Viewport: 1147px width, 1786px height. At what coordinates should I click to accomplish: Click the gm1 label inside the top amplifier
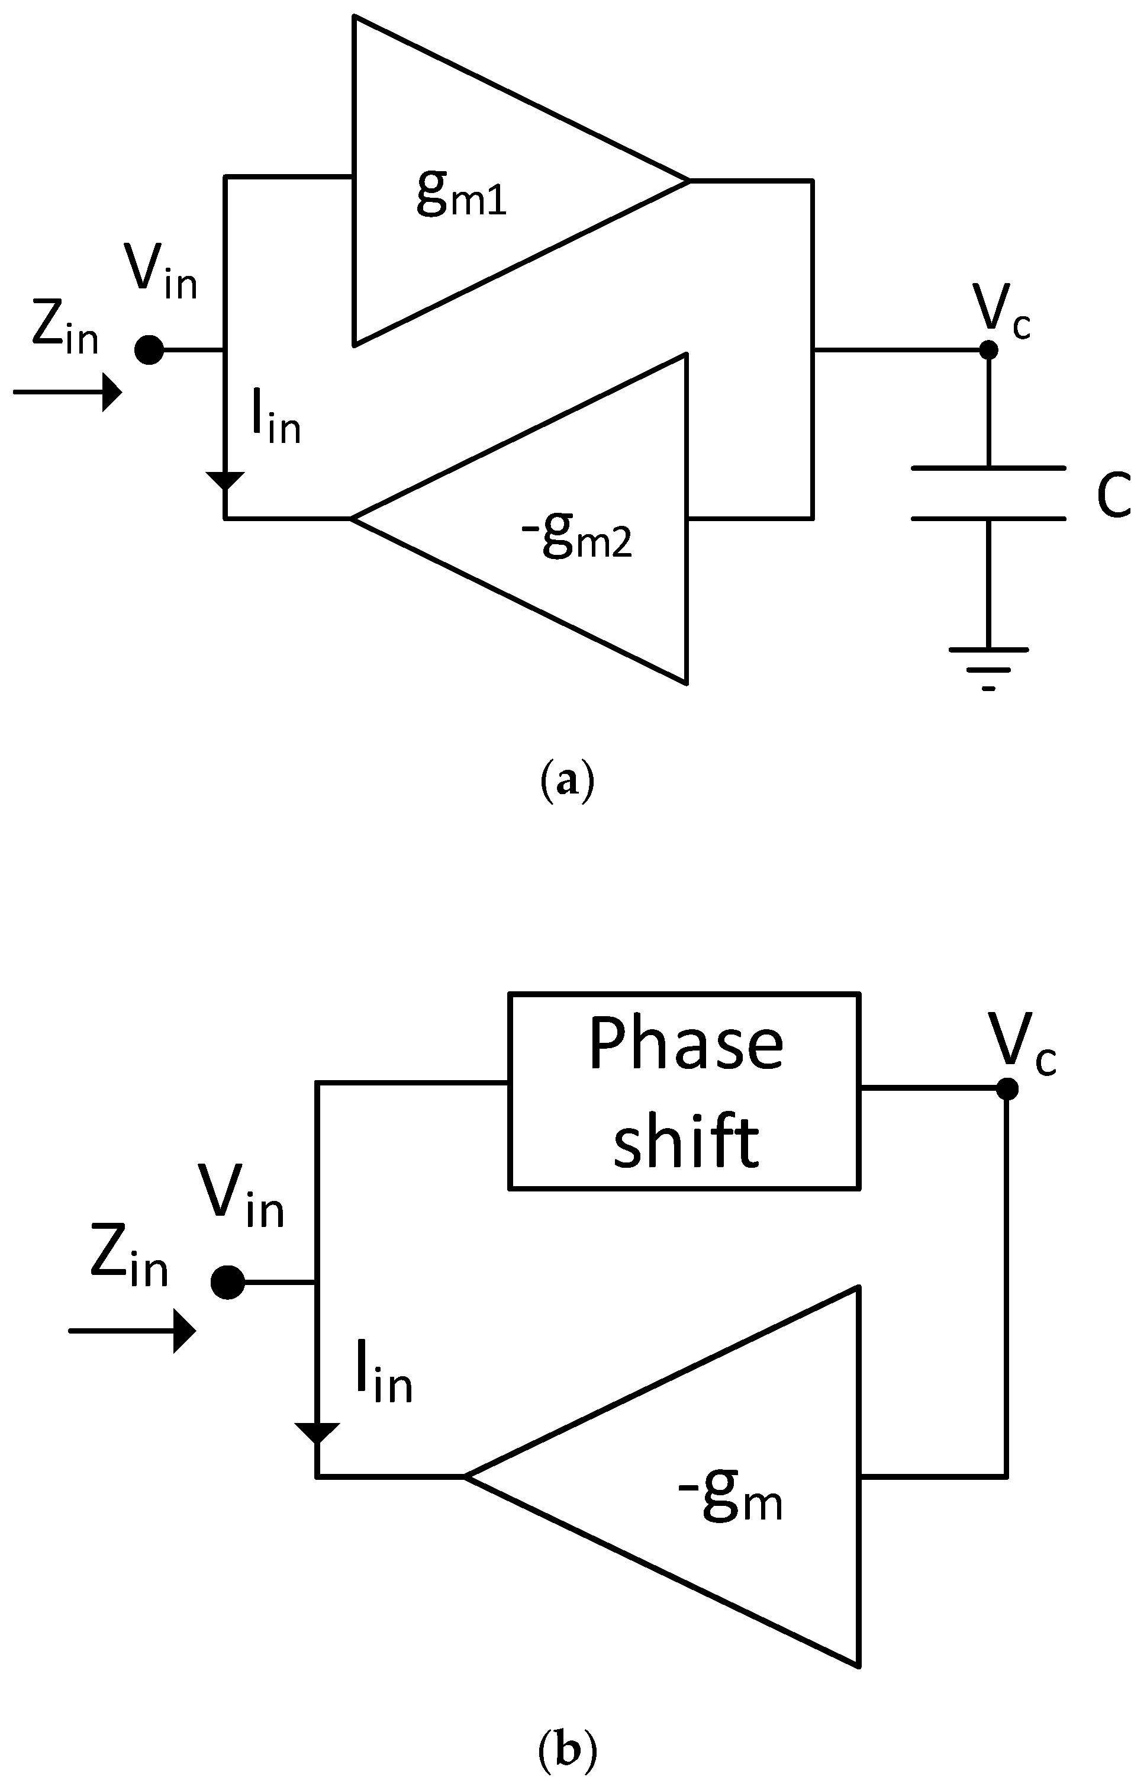[x=461, y=193]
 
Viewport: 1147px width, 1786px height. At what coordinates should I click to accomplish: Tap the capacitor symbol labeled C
[x=988, y=493]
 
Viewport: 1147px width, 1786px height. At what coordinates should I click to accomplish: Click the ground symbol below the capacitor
[x=988, y=667]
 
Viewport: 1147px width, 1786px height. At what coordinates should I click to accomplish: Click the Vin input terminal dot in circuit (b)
[x=227, y=1283]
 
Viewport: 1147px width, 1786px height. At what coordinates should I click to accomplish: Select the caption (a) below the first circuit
[x=567, y=782]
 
